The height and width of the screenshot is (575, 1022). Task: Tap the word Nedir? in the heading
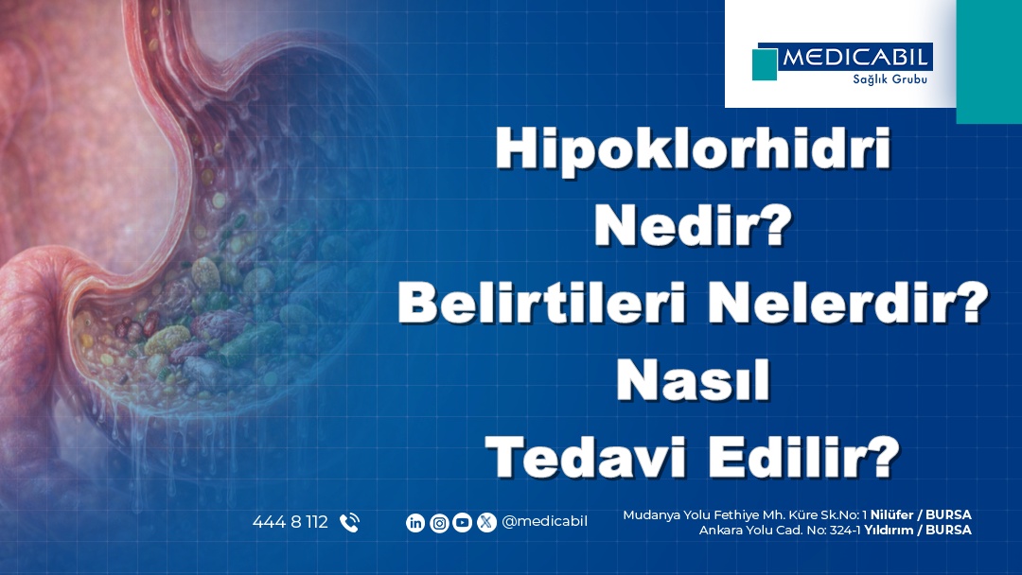693,226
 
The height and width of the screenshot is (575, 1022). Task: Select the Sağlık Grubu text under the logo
890,78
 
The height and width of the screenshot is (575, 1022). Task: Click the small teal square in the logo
765,64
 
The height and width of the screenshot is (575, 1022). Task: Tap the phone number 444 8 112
291,522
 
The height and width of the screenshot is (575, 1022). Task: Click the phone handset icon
349,523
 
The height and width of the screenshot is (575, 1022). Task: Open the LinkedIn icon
415,523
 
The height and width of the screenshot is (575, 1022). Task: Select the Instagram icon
439,523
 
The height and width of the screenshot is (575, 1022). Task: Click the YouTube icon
462,523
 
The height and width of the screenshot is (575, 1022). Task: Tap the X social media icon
486,523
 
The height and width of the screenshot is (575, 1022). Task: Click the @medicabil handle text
545,522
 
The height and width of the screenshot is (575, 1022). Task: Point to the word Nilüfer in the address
891,514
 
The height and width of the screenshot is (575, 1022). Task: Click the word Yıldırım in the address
889,530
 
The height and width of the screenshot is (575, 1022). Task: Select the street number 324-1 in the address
845,530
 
